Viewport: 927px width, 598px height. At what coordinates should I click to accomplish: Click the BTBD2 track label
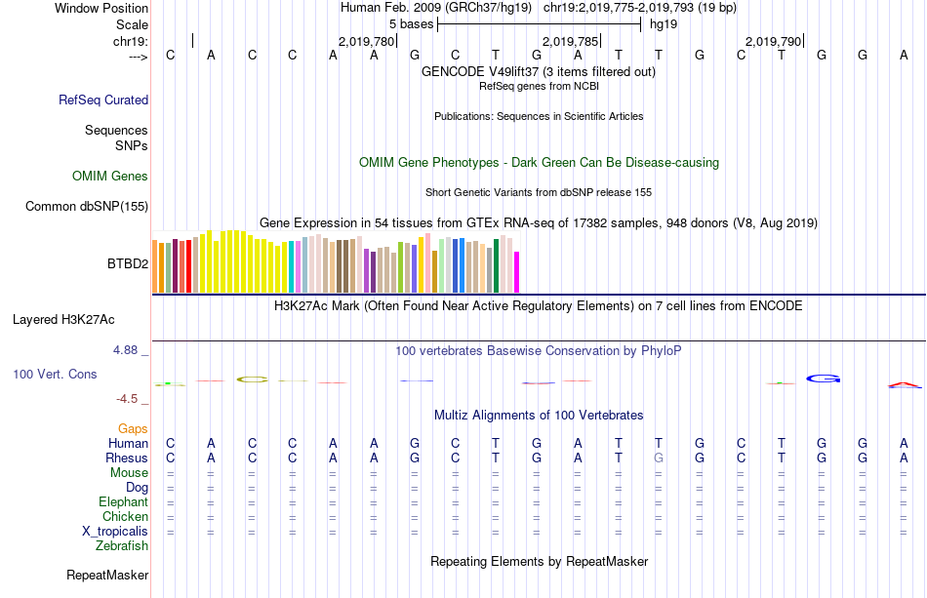point(127,263)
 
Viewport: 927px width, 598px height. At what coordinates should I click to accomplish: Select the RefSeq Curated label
point(103,100)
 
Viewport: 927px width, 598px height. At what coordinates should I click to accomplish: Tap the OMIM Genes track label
point(110,177)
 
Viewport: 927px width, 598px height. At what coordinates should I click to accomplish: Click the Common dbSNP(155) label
point(87,206)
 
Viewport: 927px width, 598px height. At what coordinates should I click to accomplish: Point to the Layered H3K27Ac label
point(63,319)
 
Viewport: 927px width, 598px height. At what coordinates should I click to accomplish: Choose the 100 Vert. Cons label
point(55,374)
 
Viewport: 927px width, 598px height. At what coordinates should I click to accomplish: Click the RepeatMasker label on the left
point(106,576)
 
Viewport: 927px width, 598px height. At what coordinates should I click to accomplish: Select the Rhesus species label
point(127,458)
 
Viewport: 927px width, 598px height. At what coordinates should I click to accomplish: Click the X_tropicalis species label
point(115,532)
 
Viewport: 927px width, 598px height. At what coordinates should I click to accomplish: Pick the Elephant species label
point(124,501)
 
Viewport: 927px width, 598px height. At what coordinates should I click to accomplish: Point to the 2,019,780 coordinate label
point(366,42)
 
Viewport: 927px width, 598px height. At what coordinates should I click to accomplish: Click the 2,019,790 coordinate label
point(772,42)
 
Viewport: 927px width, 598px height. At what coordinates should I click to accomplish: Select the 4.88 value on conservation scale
point(129,349)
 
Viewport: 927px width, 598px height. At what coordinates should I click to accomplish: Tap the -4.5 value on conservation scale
point(130,398)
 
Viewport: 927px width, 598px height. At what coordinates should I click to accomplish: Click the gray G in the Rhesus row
point(659,458)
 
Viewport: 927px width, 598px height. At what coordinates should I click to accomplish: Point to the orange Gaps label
point(133,428)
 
